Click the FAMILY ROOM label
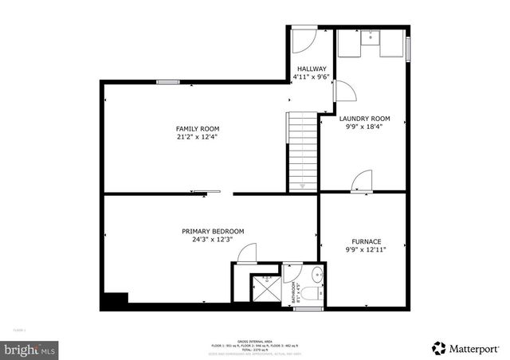198,128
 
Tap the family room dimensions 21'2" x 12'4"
198,136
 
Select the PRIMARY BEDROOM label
213,231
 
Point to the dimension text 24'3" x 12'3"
213,239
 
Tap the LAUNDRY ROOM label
364,119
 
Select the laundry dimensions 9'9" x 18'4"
364,127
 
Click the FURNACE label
367,241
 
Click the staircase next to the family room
302,151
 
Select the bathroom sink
316,276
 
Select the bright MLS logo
29,349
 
